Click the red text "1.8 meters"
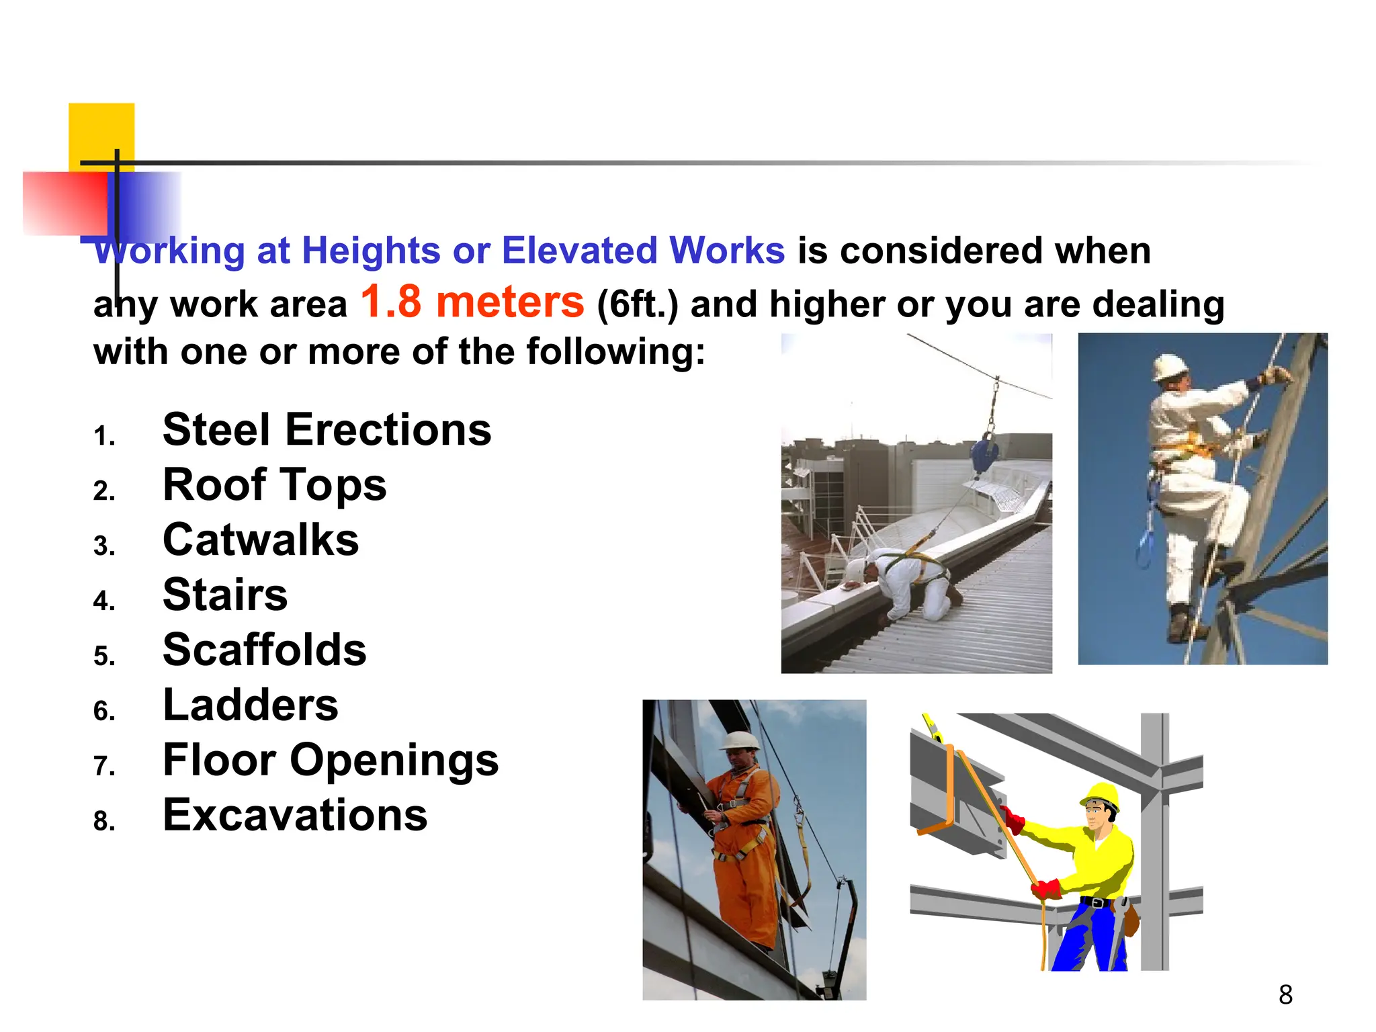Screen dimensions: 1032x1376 pos(472,302)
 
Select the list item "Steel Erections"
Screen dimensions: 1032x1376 pos(327,430)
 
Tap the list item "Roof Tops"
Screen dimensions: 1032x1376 pos(274,485)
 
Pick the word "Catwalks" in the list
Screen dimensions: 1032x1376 pos(261,540)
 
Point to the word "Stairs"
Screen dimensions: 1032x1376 pos(225,595)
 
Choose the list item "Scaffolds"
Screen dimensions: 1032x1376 pos(265,650)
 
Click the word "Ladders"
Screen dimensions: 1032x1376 pos(251,705)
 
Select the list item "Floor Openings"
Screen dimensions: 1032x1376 pos(331,761)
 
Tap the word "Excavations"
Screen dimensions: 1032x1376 pos(295,816)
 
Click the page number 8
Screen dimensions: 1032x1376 pos(1285,995)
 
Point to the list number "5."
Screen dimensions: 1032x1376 pos(105,656)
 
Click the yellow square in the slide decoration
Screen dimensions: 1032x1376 pos(101,132)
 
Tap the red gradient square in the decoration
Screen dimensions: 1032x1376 pos(64,203)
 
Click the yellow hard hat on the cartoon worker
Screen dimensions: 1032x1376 pos(1101,797)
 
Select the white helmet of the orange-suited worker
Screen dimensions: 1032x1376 pos(740,741)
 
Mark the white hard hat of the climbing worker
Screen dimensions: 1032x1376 pos(1170,367)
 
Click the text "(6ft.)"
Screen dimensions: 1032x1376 pos(638,305)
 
